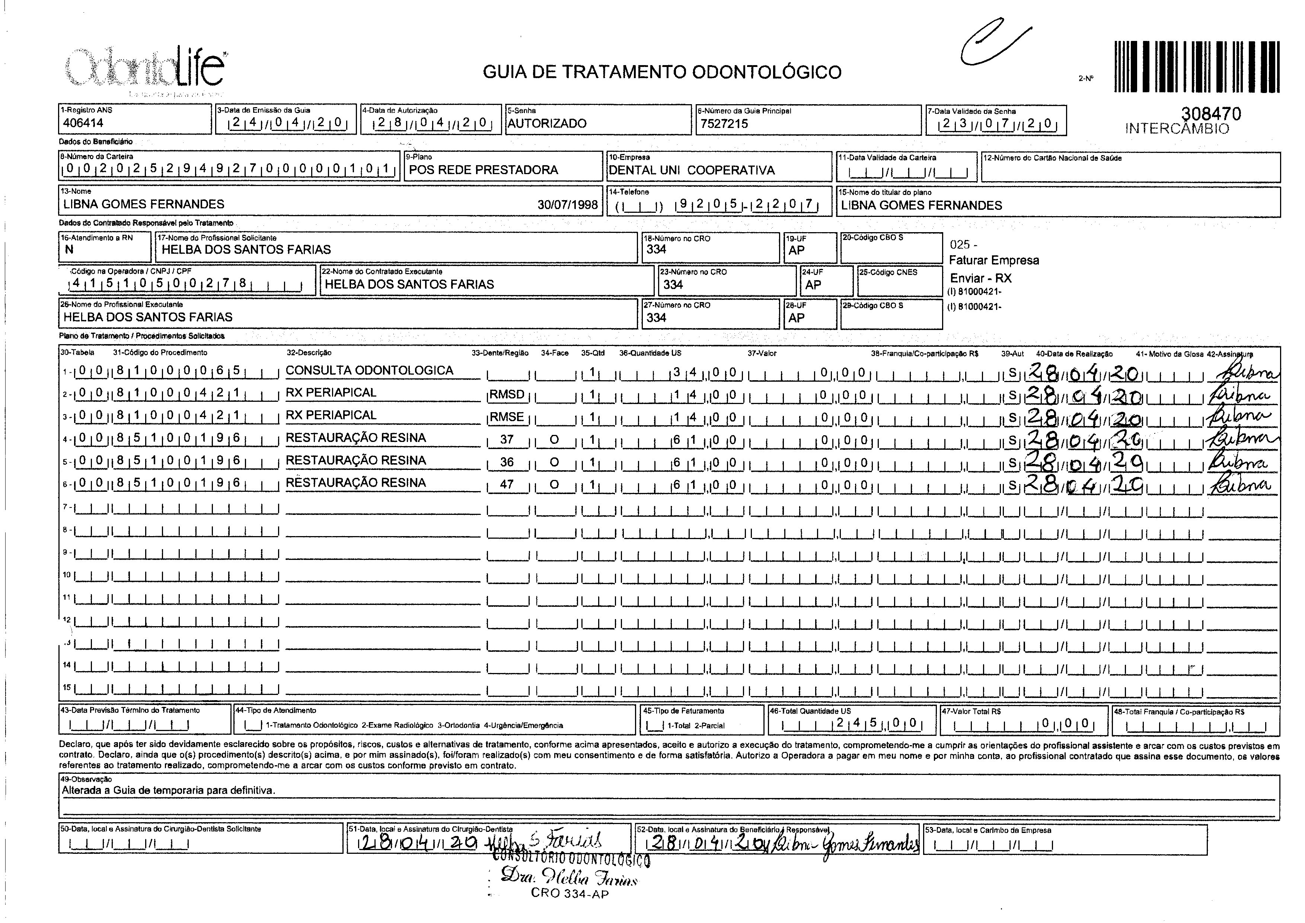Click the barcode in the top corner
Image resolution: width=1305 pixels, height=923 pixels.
[1196, 67]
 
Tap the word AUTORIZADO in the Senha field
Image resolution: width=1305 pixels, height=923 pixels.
[546, 124]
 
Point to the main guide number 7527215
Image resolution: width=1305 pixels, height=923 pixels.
[724, 124]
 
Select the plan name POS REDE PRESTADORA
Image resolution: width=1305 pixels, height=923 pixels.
[484, 170]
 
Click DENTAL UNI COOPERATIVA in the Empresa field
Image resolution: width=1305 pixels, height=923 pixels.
[692, 170]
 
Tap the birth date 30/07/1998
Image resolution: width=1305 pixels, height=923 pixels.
[568, 205]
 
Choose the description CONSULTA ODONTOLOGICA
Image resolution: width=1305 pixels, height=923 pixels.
[369, 371]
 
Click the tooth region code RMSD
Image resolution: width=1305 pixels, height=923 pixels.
[507, 394]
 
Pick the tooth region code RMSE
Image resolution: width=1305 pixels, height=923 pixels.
[507, 417]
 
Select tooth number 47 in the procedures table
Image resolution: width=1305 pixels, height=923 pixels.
[507, 485]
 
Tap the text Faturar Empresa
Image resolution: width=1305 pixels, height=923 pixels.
[994, 260]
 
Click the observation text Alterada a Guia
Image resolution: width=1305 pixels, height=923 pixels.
[168, 791]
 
